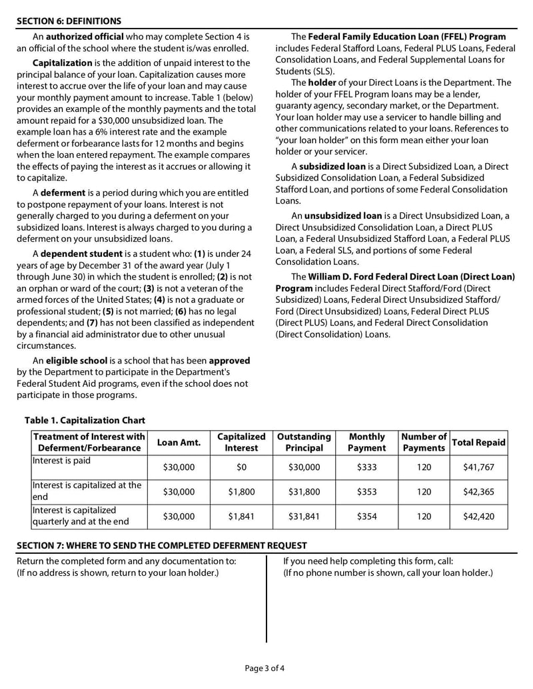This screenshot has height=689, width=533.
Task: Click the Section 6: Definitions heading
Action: click(x=69, y=21)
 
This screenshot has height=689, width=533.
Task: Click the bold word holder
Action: click(x=322, y=83)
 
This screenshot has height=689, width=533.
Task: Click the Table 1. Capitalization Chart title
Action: click(x=85, y=420)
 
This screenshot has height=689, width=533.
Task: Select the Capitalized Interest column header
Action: click(x=241, y=442)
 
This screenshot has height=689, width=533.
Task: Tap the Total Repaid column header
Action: click(x=478, y=443)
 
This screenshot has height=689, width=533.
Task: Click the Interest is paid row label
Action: click(x=61, y=461)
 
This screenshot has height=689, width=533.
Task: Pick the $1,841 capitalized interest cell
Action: click(x=241, y=516)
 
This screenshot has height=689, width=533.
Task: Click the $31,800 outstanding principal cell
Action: click(x=304, y=492)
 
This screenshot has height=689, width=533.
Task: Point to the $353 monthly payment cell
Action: click(x=366, y=492)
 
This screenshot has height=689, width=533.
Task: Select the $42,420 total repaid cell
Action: click(x=478, y=516)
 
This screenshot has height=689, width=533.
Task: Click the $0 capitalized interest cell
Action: click(x=241, y=467)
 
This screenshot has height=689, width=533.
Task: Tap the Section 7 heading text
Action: click(x=162, y=545)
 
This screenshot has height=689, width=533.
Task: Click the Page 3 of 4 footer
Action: click(x=266, y=668)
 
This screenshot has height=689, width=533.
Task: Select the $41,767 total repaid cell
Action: click(x=478, y=467)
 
